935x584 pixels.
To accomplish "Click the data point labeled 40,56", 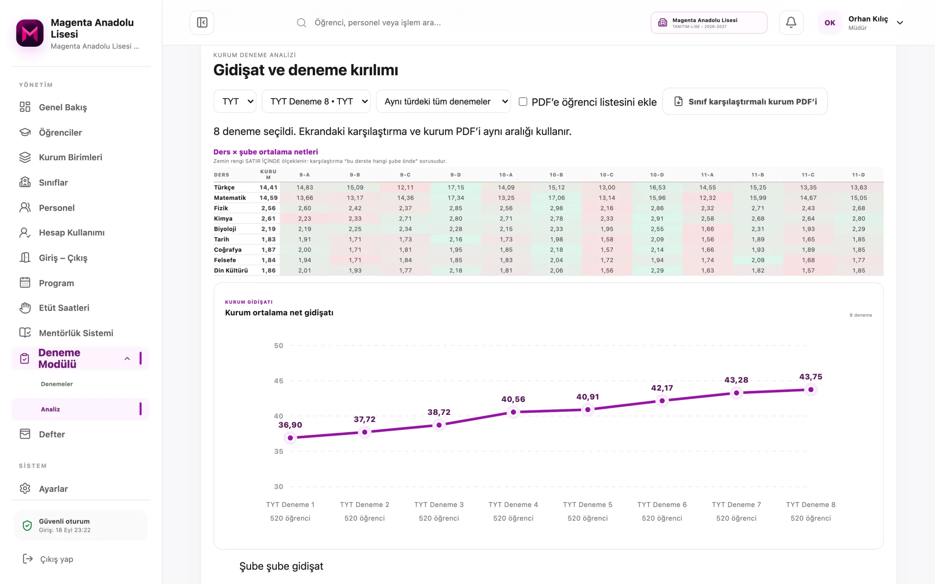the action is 513,412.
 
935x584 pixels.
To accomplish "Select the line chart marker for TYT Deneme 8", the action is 811,390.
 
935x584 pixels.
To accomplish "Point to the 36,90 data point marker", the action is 290,438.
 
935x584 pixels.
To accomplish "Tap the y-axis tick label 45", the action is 279,381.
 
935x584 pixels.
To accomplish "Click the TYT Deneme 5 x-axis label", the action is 588,505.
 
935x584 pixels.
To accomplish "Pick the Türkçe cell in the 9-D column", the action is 456,187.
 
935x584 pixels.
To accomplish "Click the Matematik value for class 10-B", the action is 556,198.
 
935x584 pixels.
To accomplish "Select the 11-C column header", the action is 808,175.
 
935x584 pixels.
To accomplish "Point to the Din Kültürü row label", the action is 231,271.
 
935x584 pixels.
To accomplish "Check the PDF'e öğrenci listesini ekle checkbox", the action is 523,101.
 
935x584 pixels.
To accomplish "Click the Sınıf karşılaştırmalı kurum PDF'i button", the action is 745,101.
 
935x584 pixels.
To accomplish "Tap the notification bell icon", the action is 791,22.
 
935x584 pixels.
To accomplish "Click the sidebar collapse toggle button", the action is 202,22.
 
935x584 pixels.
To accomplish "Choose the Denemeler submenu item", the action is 57,384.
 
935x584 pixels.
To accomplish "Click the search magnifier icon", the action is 302,22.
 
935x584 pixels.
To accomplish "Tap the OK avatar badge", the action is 830,22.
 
